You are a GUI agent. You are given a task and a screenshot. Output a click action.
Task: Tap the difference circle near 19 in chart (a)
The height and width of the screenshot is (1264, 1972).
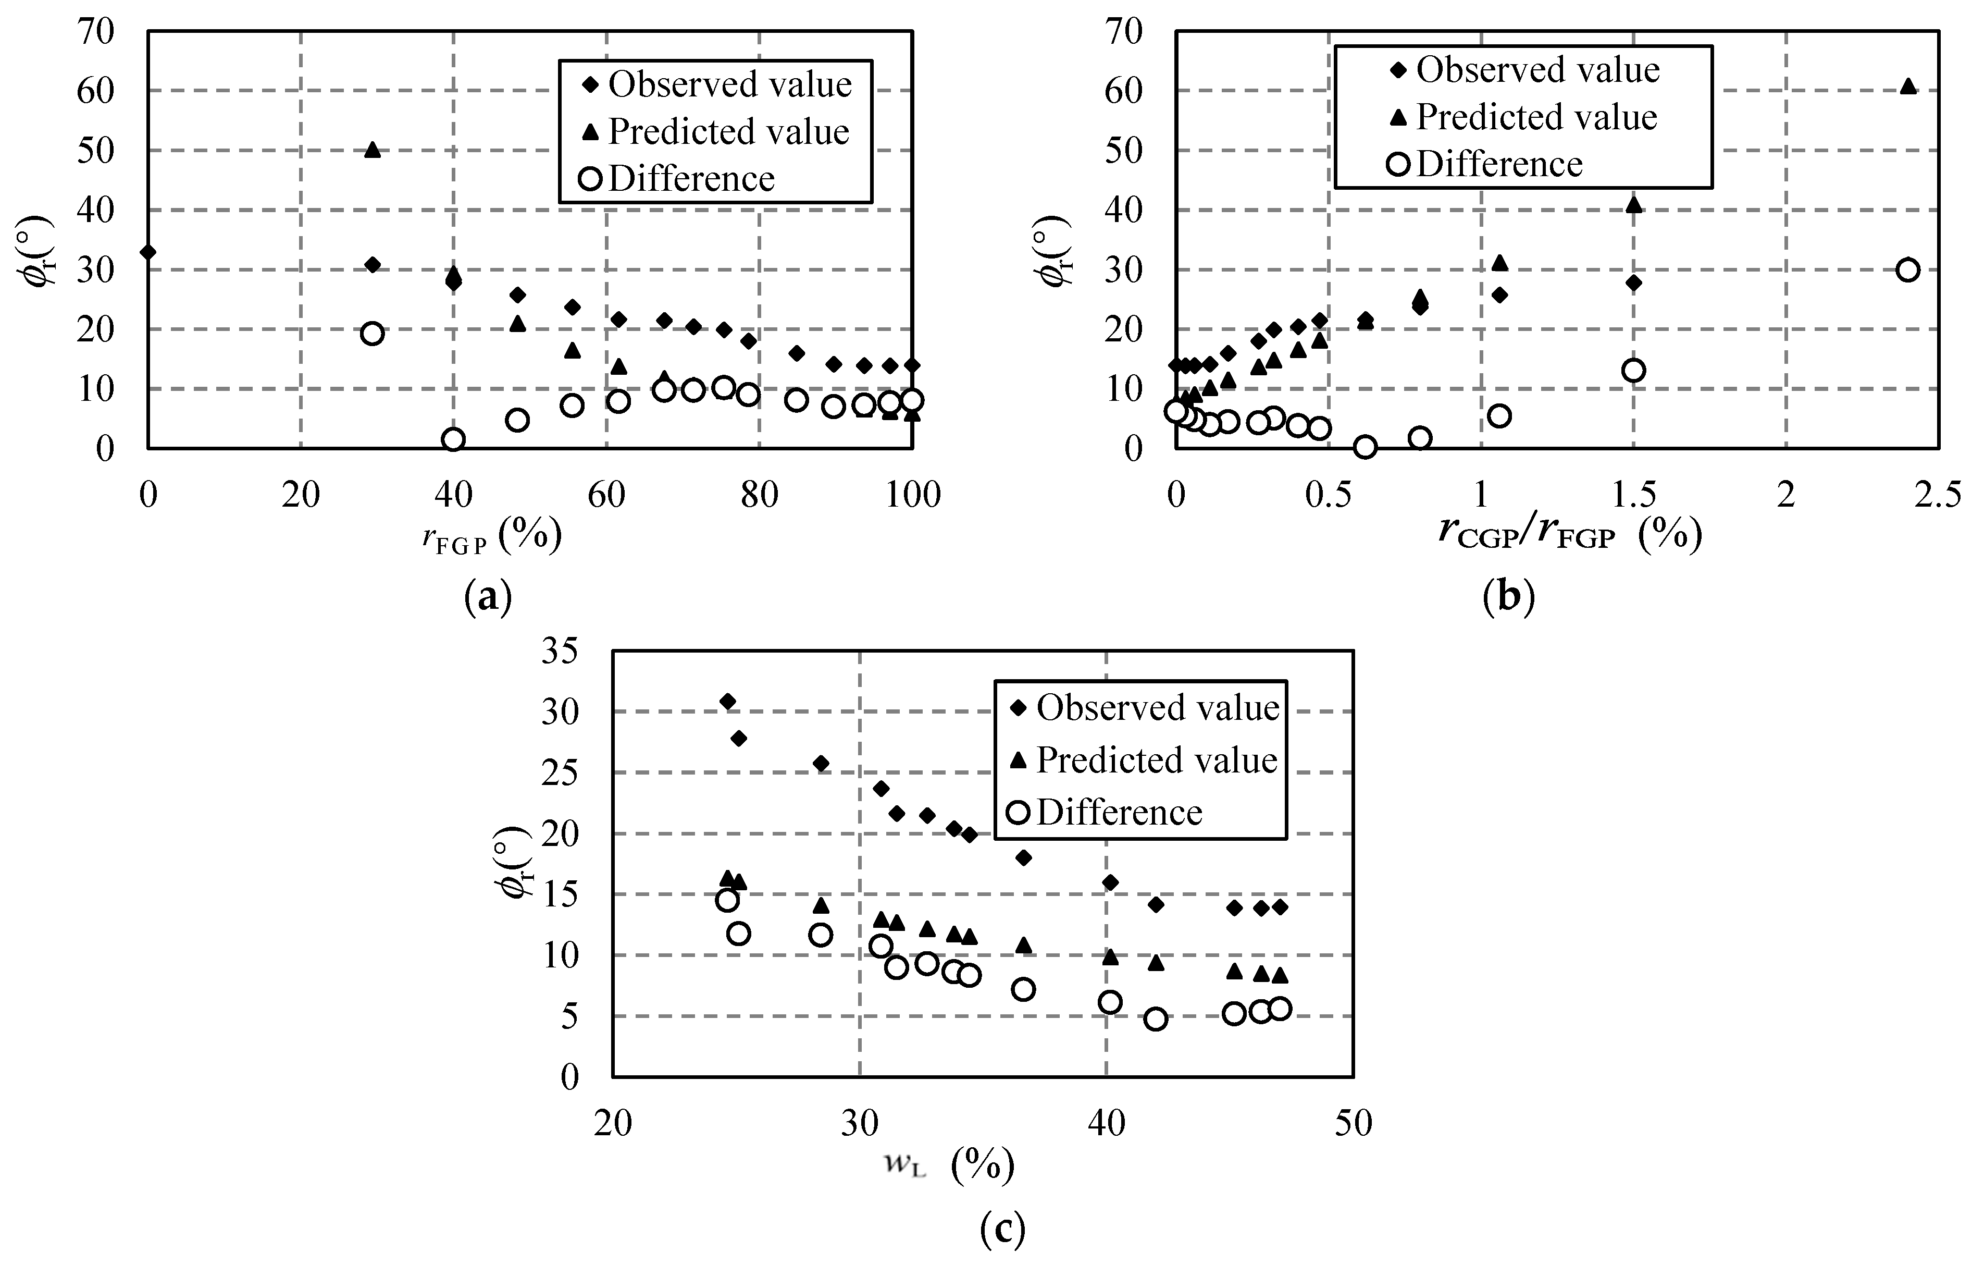(x=373, y=333)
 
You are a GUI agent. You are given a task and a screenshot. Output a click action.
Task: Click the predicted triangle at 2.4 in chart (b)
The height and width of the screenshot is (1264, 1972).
(x=1908, y=86)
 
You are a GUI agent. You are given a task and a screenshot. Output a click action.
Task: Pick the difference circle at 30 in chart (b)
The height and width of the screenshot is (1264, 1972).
(x=1908, y=270)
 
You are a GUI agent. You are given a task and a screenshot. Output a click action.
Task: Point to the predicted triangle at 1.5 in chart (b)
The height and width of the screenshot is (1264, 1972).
(x=1633, y=204)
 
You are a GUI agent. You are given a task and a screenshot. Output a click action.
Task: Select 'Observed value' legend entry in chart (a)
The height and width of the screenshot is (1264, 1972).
(x=728, y=84)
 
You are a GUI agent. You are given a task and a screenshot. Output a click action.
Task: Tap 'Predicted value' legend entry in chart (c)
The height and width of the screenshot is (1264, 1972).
(x=1155, y=760)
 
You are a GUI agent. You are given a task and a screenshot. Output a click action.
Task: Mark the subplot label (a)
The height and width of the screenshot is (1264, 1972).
(x=488, y=597)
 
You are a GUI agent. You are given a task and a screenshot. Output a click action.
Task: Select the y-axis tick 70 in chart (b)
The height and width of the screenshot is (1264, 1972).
(x=1123, y=31)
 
